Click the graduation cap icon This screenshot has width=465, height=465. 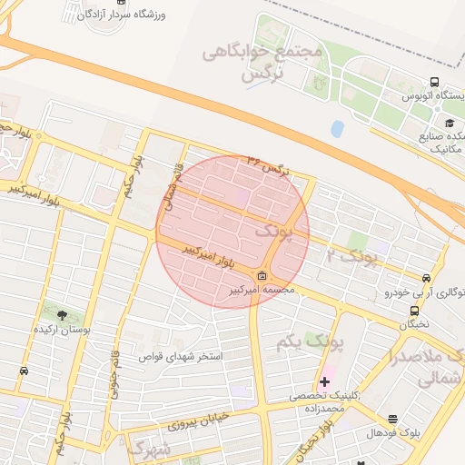449,123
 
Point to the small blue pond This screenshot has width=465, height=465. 338,129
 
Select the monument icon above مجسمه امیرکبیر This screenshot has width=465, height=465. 262,277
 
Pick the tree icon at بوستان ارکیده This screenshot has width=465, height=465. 62,315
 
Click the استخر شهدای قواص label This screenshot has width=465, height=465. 181,356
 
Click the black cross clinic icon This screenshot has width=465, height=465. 324,381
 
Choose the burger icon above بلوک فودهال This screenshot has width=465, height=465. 392,420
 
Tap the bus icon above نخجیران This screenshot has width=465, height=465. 414,311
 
